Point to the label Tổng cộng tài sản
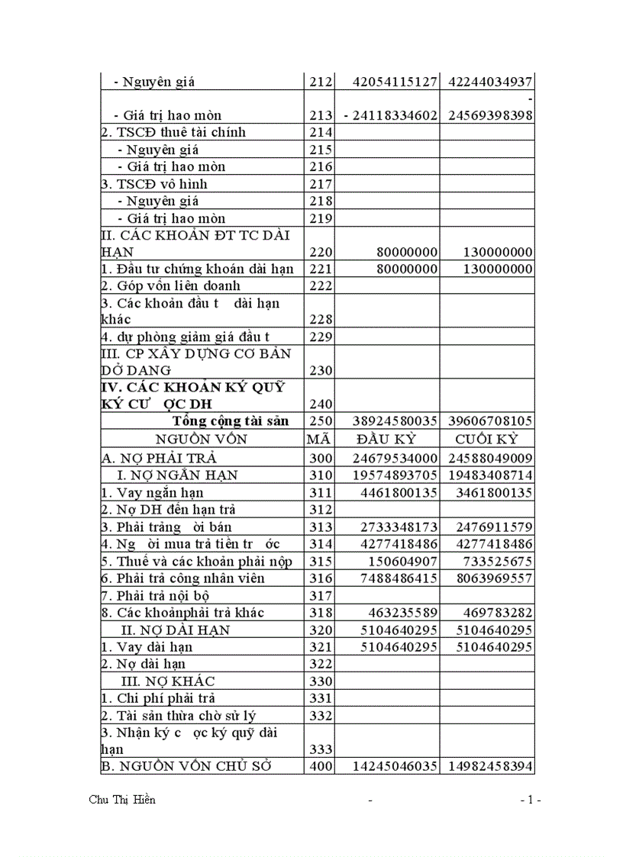coord(231,421)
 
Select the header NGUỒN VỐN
coord(202,439)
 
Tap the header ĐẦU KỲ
coord(386,439)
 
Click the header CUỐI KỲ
coord(486,439)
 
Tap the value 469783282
coord(494,613)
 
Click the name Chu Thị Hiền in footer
coord(122,800)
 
